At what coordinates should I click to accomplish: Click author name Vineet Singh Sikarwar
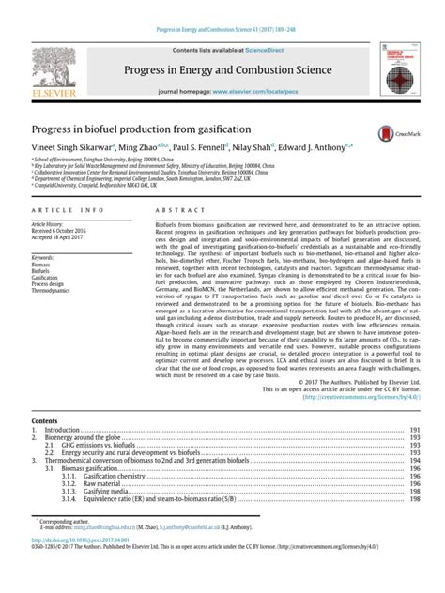point(72,148)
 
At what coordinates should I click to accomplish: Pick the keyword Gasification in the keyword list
point(45,278)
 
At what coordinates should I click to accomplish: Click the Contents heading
point(44,422)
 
